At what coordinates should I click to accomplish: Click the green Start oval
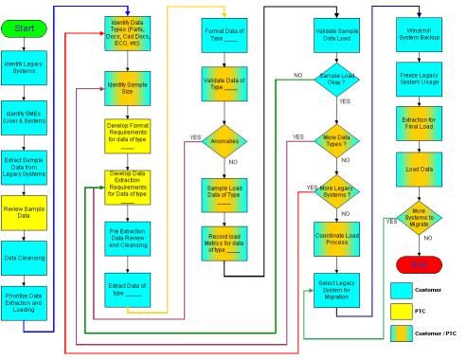point(25,28)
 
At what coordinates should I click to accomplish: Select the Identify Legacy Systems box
point(25,69)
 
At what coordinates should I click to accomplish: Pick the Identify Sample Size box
point(129,86)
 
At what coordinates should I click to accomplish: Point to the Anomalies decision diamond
point(224,139)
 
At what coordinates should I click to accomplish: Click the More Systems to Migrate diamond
point(421,216)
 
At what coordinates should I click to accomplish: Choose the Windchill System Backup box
point(421,30)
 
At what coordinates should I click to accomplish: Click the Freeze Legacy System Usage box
point(421,76)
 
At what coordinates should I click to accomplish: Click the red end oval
point(421,261)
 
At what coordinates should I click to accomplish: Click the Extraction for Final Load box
point(421,123)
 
